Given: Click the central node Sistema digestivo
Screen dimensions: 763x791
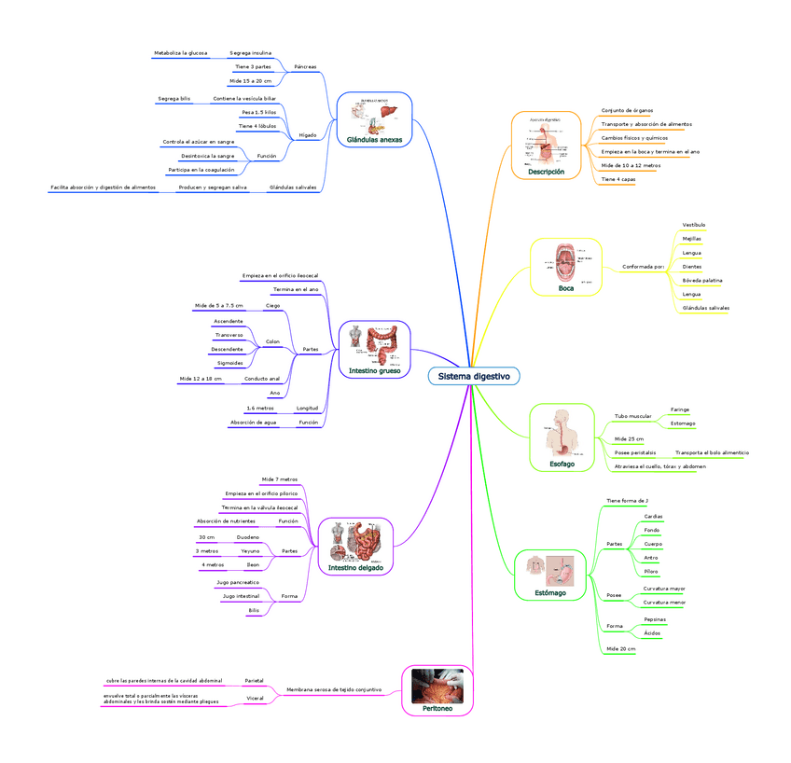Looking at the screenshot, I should coord(474,376).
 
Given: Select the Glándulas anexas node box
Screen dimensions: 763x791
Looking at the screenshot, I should coord(374,119).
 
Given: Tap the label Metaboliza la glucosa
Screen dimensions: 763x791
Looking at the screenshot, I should coord(181,53).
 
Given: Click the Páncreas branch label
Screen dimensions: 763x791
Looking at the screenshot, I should coord(305,67).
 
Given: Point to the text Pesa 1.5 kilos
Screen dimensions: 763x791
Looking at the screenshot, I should coord(258,112).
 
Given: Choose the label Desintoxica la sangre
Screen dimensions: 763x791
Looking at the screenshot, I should coord(208,156).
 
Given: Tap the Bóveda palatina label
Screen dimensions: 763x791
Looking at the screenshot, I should coord(701,280).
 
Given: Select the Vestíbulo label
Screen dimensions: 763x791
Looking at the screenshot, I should coord(694,225).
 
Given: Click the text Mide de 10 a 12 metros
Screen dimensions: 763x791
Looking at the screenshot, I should coord(631,165).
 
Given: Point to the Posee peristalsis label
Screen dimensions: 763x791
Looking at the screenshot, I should coord(634,452).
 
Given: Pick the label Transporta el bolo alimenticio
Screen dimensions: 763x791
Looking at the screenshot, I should coord(712,452).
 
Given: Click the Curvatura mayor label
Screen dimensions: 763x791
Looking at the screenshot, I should coord(664,589).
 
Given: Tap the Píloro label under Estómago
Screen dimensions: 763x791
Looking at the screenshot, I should coord(652,571).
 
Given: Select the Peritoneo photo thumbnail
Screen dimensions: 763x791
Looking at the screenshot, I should coord(437,687).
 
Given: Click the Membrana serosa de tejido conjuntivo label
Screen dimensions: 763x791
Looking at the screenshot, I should coord(334,689).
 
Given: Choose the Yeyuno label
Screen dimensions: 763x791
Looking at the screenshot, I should coord(250,551).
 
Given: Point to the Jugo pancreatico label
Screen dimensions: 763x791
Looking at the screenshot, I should coord(238,582).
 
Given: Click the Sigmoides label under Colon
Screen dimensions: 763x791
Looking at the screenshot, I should coord(229,363).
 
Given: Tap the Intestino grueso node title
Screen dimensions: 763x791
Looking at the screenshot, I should coord(374,371).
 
